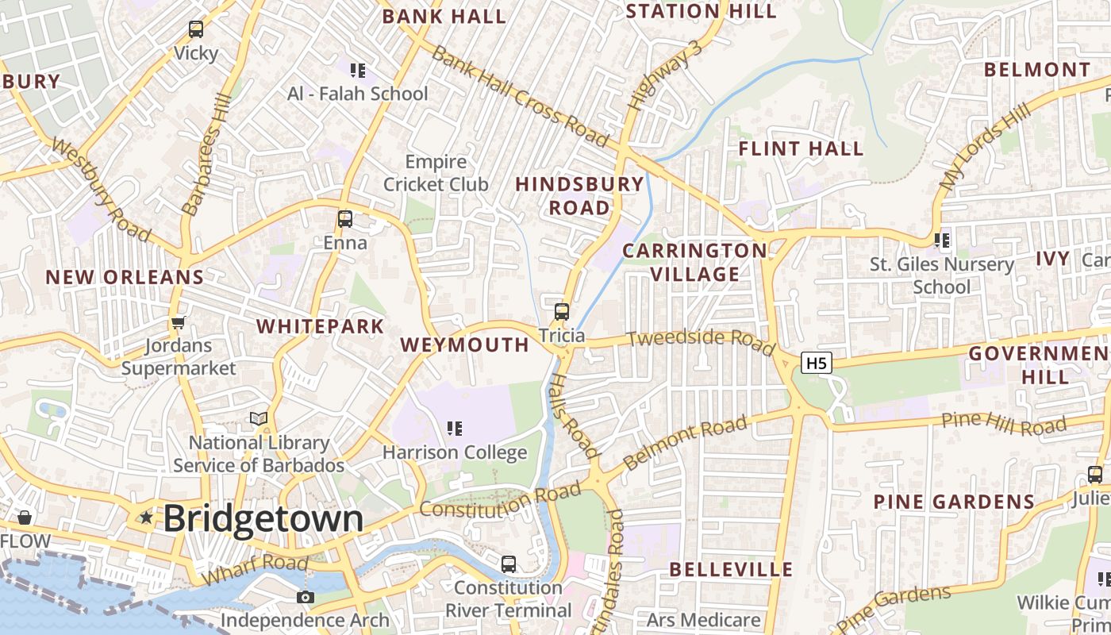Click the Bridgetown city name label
click(x=263, y=518)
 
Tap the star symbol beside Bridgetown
click(x=146, y=518)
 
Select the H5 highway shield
click(x=817, y=364)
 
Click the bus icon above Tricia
click(x=562, y=311)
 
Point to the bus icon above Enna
click(x=345, y=218)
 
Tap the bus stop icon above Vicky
click(x=196, y=29)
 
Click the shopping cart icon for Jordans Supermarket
click(x=179, y=322)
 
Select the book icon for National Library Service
click(x=259, y=418)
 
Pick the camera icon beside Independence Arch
click(x=306, y=597)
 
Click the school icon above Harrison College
click(x=455, y=429)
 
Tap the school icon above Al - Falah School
click(x=358, y=70)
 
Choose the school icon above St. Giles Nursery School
click(x=942, y=240)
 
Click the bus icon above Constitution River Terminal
click(x=509, y=564)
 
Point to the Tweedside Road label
click(x=701, y=341)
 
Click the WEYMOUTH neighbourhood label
click(x=465, y=344)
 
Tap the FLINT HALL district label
click(x=801, y=148)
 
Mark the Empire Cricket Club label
click(x=436, y=173)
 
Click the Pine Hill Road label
click(x=1003, y=424)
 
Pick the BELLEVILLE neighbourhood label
click(x=731, y=569)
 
